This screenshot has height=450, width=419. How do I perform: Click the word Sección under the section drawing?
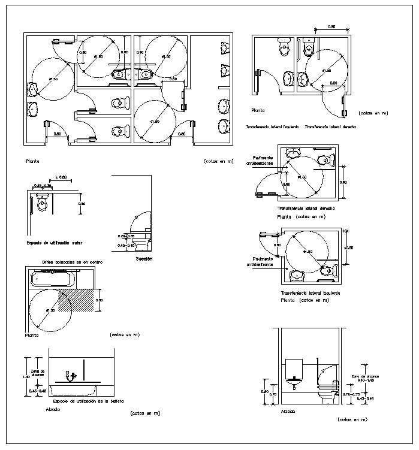144,259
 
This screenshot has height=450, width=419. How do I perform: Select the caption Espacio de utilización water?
54,243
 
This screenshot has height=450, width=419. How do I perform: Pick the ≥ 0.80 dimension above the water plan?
61,178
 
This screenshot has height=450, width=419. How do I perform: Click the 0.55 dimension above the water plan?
37,186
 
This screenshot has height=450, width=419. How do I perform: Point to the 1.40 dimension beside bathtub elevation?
25,376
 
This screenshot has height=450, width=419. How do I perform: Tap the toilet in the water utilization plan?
41,204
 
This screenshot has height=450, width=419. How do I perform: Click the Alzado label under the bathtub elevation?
53,410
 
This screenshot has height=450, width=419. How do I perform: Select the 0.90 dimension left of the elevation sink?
264,392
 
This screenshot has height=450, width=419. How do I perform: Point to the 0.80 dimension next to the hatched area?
100,300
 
